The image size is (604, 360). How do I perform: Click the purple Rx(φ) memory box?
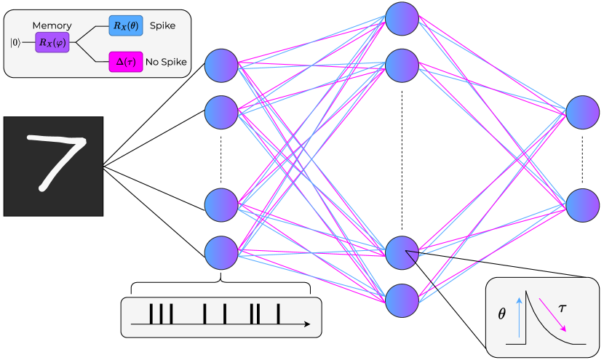pos(51,43)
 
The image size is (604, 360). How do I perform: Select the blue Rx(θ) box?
pos(125,25)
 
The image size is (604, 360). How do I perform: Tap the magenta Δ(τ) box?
pos(125,61)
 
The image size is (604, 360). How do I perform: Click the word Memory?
pos(52,25)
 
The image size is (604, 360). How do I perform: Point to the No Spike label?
pos(166,62)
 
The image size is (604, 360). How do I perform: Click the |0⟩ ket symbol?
pos(15,43)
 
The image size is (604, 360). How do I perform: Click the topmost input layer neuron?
pos(221,66)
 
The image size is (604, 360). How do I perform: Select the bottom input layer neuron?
pos(221,252)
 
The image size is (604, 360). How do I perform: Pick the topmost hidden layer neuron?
pos(402,19)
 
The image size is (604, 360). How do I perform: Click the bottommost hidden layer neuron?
pos(402,299)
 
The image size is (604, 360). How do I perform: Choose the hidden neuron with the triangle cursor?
pos(402,252)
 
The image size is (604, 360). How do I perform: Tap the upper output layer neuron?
pos(583,112)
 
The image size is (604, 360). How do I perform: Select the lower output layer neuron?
pos(583,205)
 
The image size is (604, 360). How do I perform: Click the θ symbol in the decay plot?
pos(501,315)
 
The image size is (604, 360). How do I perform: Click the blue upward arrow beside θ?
pos(520,316)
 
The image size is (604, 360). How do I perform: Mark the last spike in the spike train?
pos(278,314)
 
